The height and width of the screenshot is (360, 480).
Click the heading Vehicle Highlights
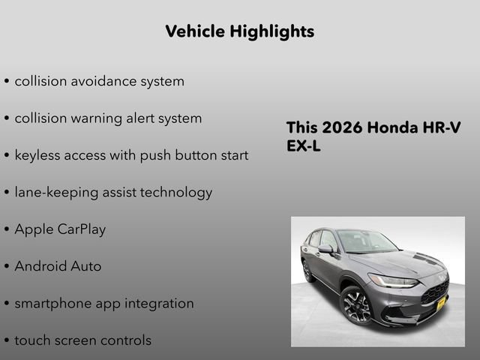[239, 31]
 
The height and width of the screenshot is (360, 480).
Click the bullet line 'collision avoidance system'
[99, 81]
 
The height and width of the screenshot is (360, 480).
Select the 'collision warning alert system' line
[108, 118]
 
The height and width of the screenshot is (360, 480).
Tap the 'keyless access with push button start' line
[131, 155]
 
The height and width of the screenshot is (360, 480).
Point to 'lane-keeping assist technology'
[113, 192]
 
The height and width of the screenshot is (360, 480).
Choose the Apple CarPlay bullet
[60, 229]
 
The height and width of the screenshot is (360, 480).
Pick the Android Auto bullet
[58, 266]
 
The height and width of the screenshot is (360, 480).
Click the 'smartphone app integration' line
[104, 303]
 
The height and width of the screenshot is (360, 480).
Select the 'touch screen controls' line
[82, 340]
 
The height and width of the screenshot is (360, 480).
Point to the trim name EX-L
[304, 146]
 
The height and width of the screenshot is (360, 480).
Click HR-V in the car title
[442, 127]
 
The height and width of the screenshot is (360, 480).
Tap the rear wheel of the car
[307, 271]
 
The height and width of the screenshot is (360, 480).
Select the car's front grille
[435, 290]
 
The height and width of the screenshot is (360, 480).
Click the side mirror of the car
[325, 248]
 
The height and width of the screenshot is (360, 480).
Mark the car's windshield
[366, 241]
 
